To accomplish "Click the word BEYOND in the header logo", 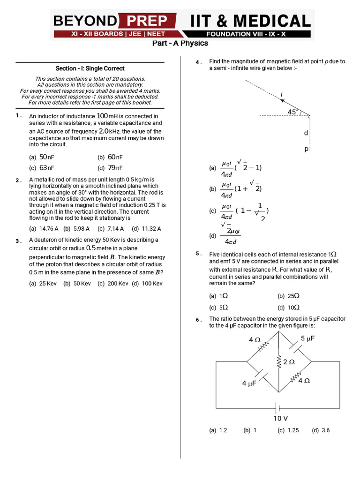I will (x=85, y=21).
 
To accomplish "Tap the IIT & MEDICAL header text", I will (x=250, y=21).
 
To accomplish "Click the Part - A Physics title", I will (x=180, y=44).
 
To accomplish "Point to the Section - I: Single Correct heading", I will (x=90, y=68).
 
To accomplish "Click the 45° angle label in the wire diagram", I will (x=293, y=112).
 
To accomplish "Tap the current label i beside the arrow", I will (x=282, y=95).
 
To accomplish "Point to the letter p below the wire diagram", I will (x=306, y=149).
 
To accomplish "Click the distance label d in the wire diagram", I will (x=306, y=133).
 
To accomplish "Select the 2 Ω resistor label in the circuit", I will (x=289, y=362).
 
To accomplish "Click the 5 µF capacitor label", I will (x=307, y=338).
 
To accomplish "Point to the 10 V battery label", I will (x=280, y=418).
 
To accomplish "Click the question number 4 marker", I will (x=199, y=62).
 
